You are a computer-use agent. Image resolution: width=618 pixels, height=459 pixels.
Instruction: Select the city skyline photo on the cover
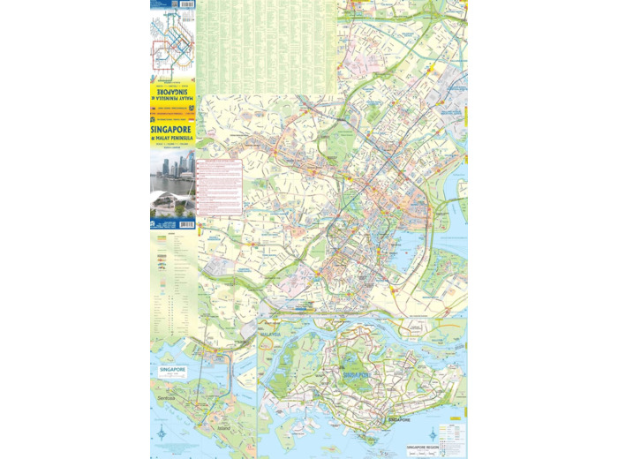tap(172, 171)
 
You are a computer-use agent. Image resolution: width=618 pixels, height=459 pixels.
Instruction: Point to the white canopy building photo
tap(172, 206)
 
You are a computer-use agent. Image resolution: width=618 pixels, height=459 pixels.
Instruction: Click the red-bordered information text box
tap(218, 188)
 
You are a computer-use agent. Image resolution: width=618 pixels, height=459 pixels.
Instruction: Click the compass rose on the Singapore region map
tap(433, 435)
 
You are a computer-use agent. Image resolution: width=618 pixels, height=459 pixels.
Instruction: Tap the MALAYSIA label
tap(269, 335)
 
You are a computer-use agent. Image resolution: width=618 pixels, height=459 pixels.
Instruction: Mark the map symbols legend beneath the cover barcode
tap(172, 291)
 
